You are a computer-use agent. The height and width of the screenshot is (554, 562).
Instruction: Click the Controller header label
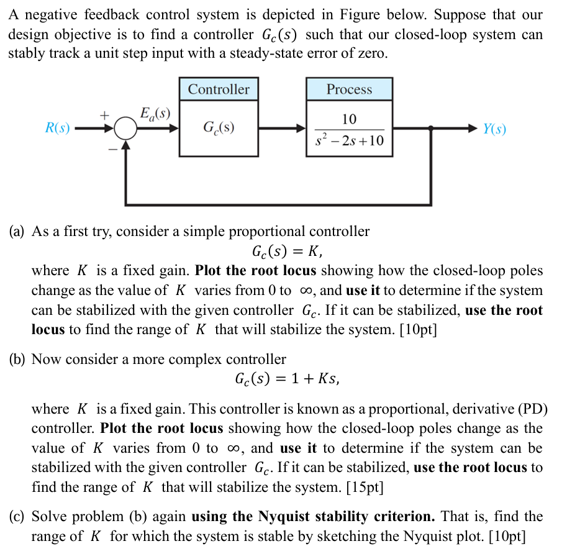pos(219,89)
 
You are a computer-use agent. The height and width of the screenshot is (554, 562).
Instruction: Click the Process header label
pos(349,89)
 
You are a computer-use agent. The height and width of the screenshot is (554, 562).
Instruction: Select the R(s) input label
pos(58,129)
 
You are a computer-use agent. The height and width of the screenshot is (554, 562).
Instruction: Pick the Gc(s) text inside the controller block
pos(219,129)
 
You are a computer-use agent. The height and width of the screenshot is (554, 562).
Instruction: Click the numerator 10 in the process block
pos(349,119)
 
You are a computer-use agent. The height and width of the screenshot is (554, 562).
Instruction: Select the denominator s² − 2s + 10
pos(349,142)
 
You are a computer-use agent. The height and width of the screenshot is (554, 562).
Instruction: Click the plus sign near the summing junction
pos(106,116)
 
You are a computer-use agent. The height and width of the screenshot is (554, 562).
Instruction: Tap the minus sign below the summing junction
pos(113,149)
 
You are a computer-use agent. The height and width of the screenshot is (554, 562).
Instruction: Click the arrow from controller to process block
pos(283,129)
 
